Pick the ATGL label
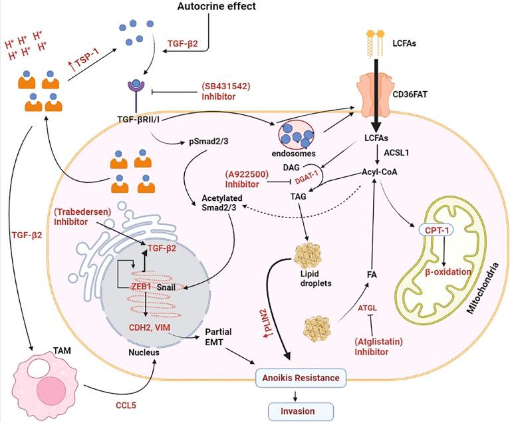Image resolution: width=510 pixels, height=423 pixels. [x=368, y=307]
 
